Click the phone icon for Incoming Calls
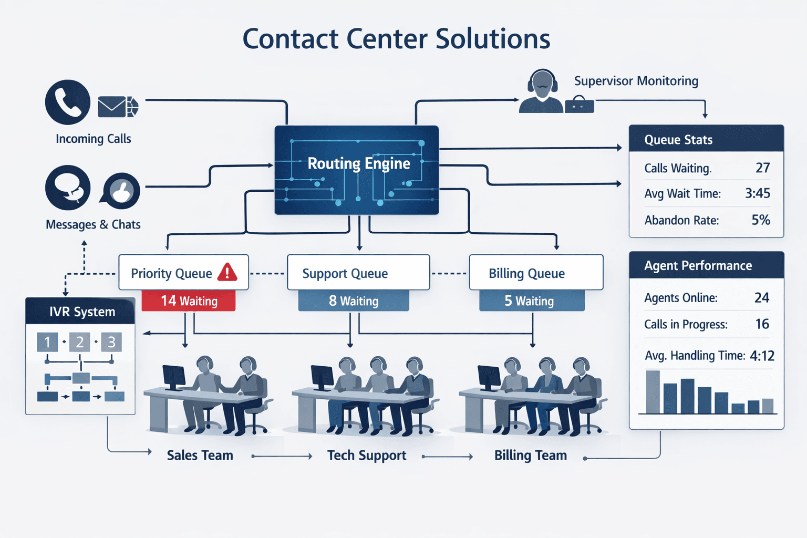pos(68,102)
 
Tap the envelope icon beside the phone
pos(112,107)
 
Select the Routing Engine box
pos(357,170)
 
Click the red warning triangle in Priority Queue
pos(227,272)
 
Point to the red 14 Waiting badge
pos(189,301)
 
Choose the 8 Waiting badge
pos(354,301)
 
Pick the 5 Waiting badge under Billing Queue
pos(532,301)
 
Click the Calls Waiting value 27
pos(762,168)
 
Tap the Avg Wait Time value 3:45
pos(757,193)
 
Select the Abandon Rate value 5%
pos(760,220)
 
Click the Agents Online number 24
pos(761,298)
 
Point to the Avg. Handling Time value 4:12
pos(762,356)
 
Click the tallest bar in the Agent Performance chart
pos(653,392)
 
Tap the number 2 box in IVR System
pos(80,343)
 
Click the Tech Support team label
pos(367,456)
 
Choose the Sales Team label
pos(200,456)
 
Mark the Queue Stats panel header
pos(706,139)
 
